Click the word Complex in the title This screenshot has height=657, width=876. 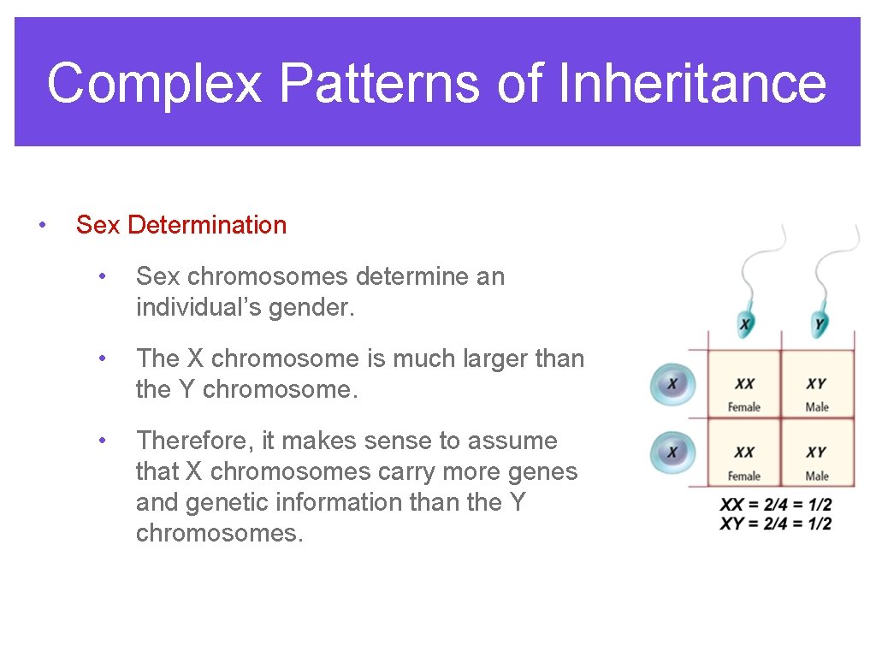154,84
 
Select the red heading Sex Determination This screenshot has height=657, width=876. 181,225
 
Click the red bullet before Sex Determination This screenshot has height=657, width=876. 41,225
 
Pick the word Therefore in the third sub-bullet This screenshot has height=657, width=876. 195,441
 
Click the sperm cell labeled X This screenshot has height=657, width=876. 746,323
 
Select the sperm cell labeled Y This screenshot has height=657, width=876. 820,323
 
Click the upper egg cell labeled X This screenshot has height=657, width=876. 672,384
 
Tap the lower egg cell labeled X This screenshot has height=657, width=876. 672,451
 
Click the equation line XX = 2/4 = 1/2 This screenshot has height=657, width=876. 775,506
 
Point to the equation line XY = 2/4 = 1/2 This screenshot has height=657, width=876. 775,523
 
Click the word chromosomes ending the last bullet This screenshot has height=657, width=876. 218,533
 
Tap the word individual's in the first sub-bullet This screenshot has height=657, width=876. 198,307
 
